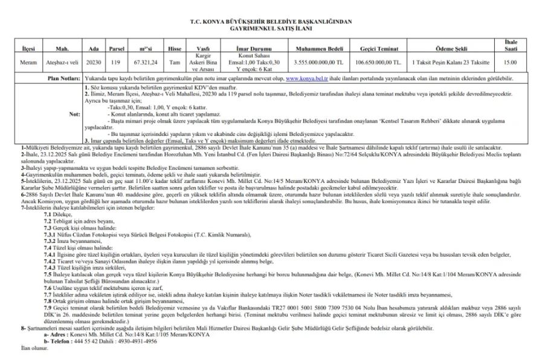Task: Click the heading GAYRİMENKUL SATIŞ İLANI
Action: [268, 28]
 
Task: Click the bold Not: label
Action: [74, 113]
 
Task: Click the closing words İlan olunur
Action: [36, 349]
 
